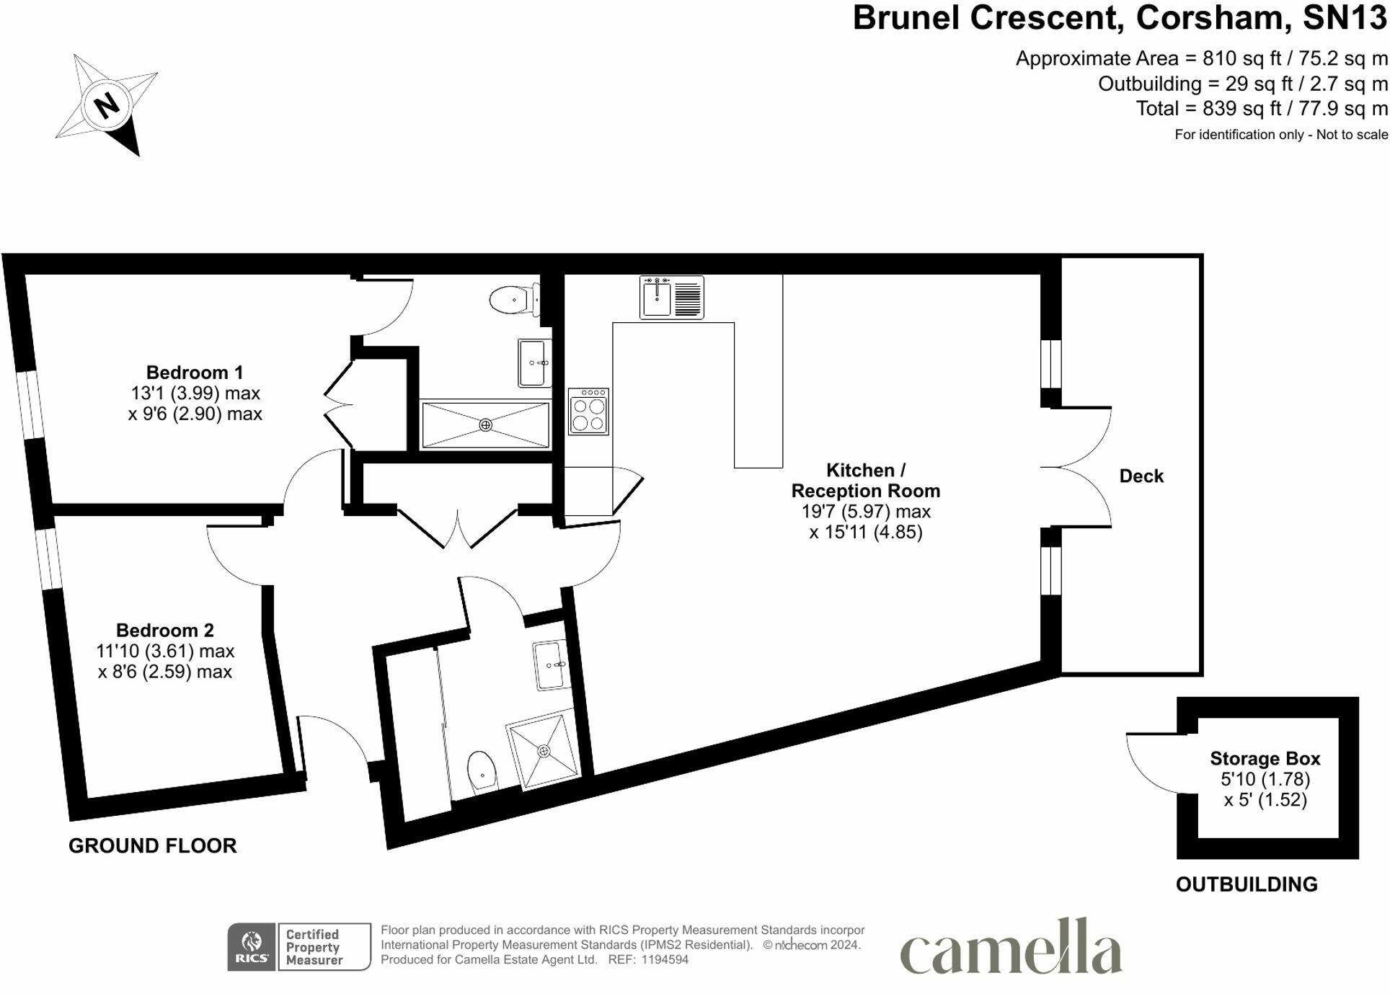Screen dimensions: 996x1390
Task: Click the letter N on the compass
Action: point(107,105)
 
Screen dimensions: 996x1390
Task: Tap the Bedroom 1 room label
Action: point(194,373)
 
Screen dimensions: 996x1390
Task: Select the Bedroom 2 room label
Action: point(164,631)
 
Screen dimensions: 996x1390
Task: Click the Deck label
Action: point(1141,476)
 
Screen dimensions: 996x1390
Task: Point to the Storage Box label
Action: point(1265,758)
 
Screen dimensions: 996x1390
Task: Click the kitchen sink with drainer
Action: point(671,297)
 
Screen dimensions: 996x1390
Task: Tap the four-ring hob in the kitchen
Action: point(588,412)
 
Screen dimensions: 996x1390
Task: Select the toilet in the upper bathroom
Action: point(513,299)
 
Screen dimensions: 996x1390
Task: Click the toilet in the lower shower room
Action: point(482,771)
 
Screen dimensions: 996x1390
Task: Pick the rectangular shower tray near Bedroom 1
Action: point(485,425)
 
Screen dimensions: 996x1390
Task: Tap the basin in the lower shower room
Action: point(550,664)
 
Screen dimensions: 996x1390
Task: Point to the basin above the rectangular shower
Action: point(534,363)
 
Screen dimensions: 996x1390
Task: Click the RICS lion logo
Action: point(252,946)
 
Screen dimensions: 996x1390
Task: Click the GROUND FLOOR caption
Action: point(152,845)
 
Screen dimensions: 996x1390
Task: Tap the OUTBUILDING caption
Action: point(1246,884)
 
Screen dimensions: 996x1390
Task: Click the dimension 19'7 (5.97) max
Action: point(865,512)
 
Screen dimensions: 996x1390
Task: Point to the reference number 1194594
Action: point(664,960)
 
